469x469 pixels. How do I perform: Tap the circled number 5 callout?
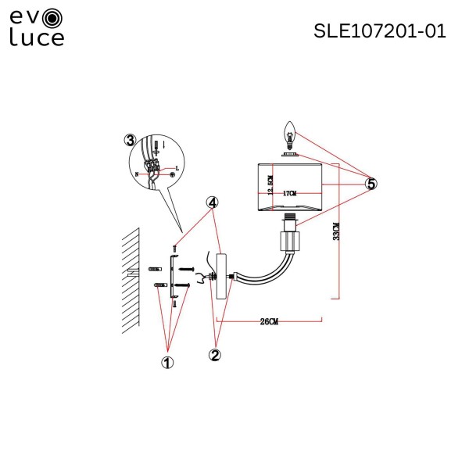coord(371,184)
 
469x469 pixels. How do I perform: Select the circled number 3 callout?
coord(130,140)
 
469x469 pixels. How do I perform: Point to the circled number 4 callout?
coord(212,202)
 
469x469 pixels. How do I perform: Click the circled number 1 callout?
coord(166,362)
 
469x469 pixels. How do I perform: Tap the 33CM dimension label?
coord(335,231)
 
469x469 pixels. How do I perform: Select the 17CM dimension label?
coord(289,192)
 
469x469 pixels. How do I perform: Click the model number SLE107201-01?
coord(379,31)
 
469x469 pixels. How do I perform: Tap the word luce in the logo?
coord(37,38)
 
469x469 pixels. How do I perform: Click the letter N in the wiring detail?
coord(137,174)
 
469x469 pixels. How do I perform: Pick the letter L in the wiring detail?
coord(177,168)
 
